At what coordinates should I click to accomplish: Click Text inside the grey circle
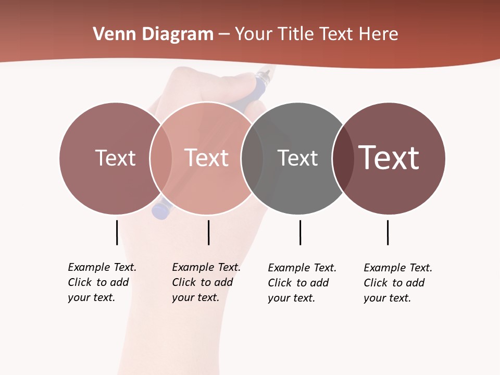pyautogui.click(x=297, y=158)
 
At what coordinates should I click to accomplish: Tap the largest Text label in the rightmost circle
pyautogui.click(x=389, y=158)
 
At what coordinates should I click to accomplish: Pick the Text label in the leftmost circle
pyautogui.click(x=115, y=158)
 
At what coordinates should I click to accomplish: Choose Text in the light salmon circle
pyautogui.click(x=206, y=158)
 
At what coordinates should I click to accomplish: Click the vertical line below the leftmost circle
pyautogui.click(x=117, y=232)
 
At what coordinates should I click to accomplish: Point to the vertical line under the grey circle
pyautogui.click(x=300, y=232)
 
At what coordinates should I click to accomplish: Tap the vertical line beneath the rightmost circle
pyautogui.click(x=387, y=232)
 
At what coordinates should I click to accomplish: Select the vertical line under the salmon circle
pyautogui.click(x=208, y=232)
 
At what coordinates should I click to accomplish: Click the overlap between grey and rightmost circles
pyautogui.click(x=340, y=158)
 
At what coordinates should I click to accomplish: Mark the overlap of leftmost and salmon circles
pyautogui.click(x=161, y=158)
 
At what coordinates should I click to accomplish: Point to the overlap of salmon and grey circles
pyautogui.click(x=252, y=158)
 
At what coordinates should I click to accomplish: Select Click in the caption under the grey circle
pyautogui.click(x=280, y=283)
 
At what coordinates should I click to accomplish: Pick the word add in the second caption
pyautogui.click(x=223, y=282)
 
